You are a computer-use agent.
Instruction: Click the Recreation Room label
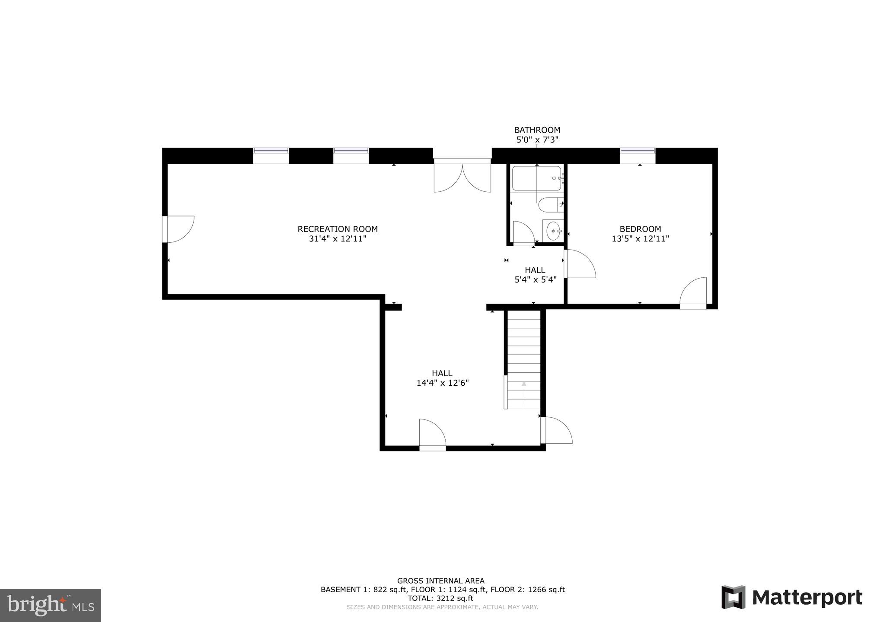click(x=338, y=229)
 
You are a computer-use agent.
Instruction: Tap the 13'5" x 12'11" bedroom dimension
click(x=640, y=238)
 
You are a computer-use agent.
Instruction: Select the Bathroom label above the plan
click(x=537, y=130)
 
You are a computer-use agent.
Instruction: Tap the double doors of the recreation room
click(x=462, y=177)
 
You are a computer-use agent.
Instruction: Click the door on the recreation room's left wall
click(x=179, y=229)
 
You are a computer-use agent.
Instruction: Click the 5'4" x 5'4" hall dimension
click(x=535, y=279)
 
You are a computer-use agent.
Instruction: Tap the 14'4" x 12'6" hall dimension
click(x=442, y=383)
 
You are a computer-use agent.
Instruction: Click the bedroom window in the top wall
click(x=638, y=155)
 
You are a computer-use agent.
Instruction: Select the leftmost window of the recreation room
click(x=271, y=155)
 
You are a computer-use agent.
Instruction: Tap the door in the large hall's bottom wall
click(x=432, y=434)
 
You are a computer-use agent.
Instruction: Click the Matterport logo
click(x=791, y=597)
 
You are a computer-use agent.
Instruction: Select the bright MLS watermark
click(x=51, y=605)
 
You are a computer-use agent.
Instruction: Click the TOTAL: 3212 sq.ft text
click(x=440, y=598)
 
